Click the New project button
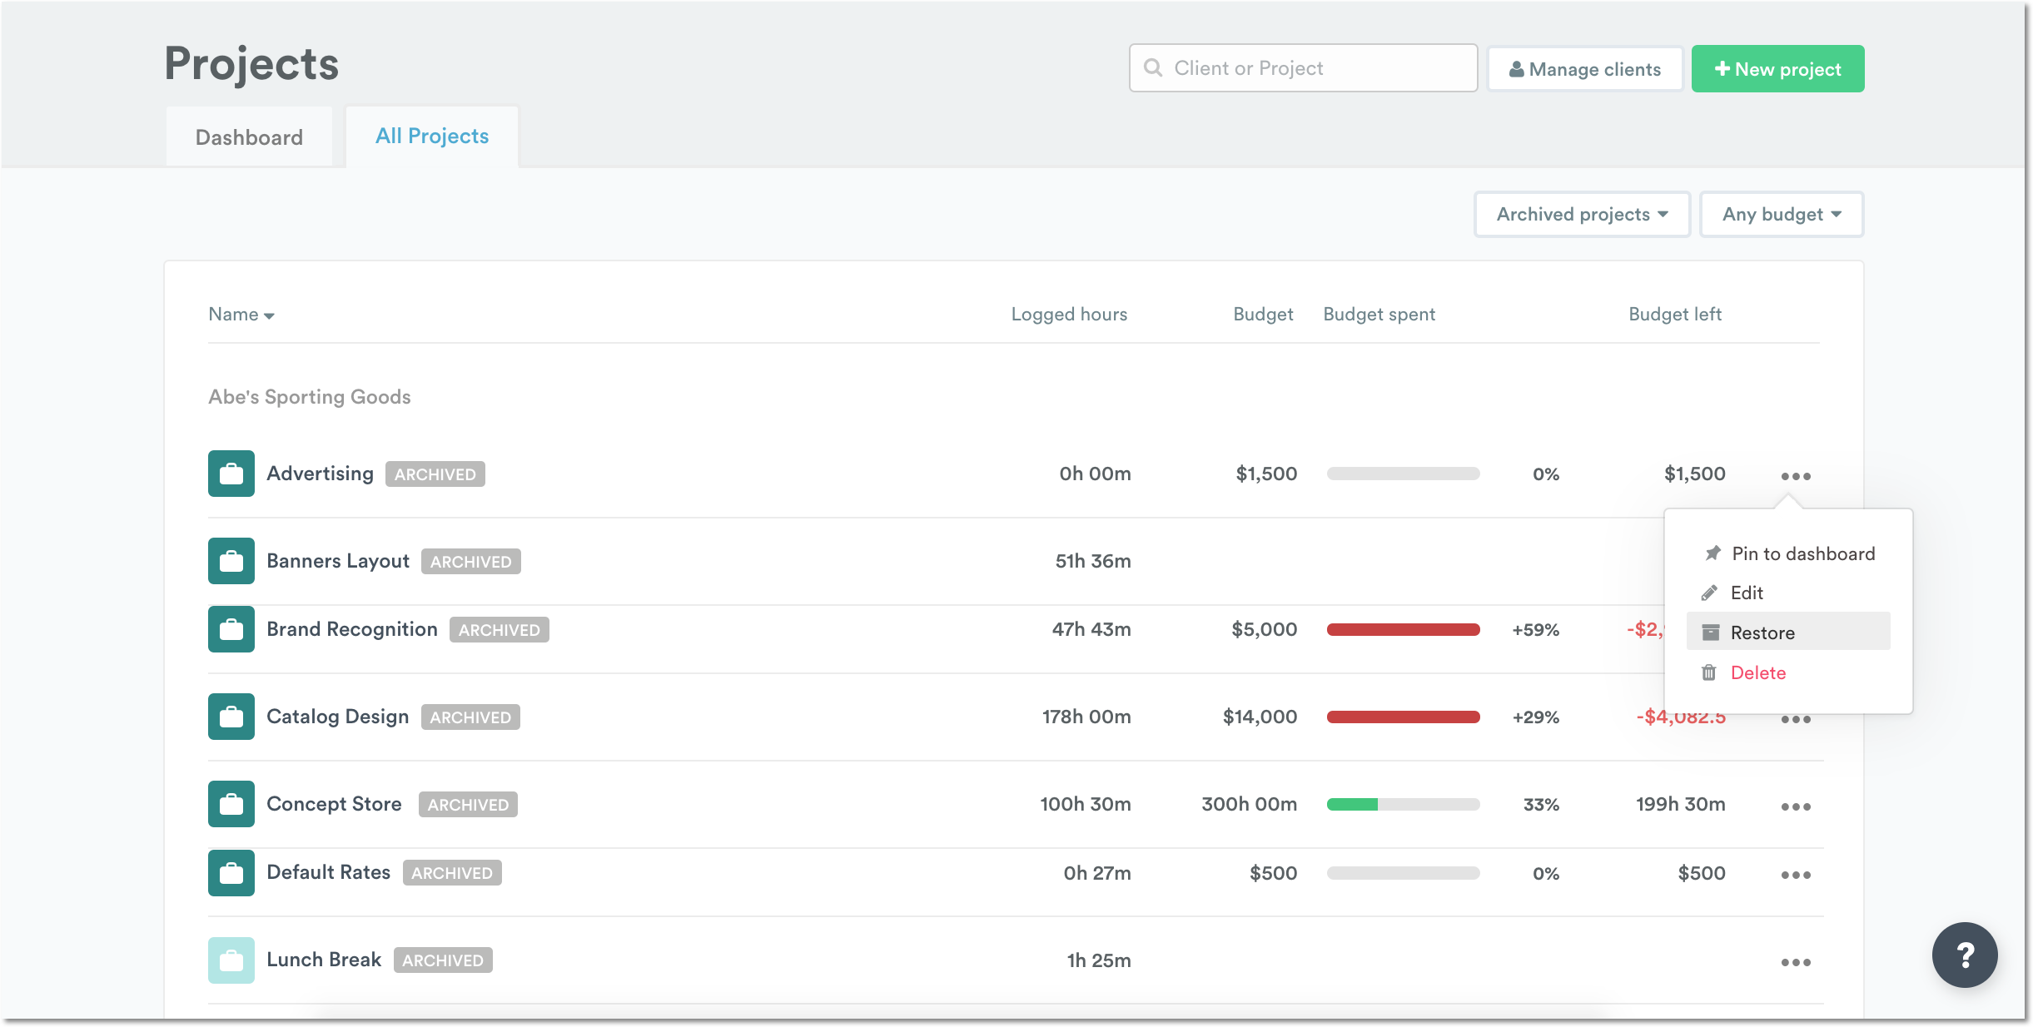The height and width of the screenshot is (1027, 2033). (x=1777, y=69)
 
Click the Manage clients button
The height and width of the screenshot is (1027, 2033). (x=1584, y=69)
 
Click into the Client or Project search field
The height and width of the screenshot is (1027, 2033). (x=1315, y=68)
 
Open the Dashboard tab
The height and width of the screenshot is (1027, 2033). (x=249, y=137)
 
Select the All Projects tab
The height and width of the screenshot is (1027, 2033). (x=432, y=136)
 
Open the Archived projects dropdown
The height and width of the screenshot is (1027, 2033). (x=1582, y=215)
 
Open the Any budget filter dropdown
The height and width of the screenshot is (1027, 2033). (x=1781, y=215)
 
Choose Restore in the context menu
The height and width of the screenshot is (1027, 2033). (x=1762, y=633)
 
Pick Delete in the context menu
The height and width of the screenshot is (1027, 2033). (x=1757, y=672)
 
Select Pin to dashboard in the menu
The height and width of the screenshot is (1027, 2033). (x=1802, y=554)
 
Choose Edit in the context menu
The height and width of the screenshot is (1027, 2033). (x=1747, y=593)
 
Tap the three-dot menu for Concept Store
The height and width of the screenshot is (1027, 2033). (x=1796, y=806)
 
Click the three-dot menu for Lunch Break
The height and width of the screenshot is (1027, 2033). (x=1796, y=962)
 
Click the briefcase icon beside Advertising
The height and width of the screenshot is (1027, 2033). (x=231, y=474)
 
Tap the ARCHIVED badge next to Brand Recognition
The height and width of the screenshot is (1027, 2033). (x=499, y=630)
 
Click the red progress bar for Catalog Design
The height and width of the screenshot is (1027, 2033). (x=1403, y=717)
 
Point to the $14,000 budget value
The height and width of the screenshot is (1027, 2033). (x=1260, y=717)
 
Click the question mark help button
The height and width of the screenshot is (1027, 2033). (x=1964, y=955)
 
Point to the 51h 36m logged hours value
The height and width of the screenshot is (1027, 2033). (x=1092, y=562)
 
